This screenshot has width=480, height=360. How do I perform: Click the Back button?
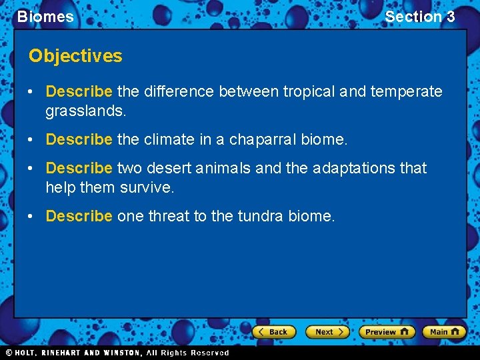pyautogui.click(x=273, y=331)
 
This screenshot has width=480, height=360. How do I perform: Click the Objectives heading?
pyautogui.click(x=75, y=56)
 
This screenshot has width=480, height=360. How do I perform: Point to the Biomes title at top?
pyautogui.click(x=45, y=17)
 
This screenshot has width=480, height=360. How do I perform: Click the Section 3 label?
pyautogui.click(x=420, y=17)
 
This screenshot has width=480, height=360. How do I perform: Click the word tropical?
pyautogui.click(x=309, y=91)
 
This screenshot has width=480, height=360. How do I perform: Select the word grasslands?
pyautogui.click(x=85, y=110)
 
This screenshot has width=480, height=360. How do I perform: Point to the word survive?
pyautogui.click(x=147, y=187)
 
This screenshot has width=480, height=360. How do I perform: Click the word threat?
pyautogui.click(x=167, y=217)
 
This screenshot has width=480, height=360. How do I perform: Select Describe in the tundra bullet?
pyautogui.click(x=79, y=217)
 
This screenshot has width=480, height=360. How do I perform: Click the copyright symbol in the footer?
pyautogui.click(x=9, y=353)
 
